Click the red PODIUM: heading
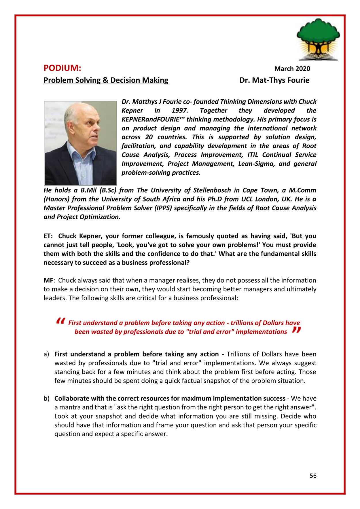(62, 68)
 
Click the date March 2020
(292, 69)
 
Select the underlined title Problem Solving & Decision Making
(106, 80)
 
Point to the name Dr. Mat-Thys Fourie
(274, 80)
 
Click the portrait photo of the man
(80, 143)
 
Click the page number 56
(313, 476)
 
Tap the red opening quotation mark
(60, 321)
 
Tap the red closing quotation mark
(296, 330)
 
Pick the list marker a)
(46, 354)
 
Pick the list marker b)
(46, 398)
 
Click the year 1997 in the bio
(180, 111)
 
